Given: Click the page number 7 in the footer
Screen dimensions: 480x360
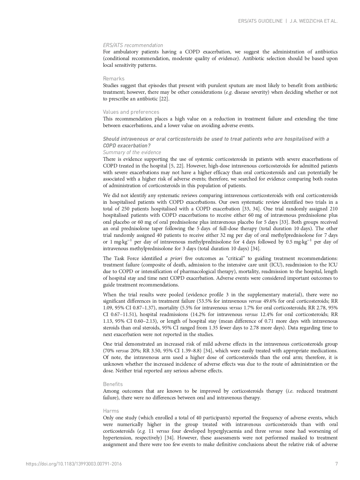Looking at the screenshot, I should (337, 464).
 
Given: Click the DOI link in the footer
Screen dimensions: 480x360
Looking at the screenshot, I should (74, 464).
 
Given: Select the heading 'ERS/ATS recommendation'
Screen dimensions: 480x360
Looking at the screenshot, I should (133, 45).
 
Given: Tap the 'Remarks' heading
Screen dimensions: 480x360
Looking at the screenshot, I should (114, 79).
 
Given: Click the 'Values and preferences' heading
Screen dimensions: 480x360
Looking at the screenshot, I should (131, 112).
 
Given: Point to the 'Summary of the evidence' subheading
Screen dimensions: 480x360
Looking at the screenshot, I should (132, 152).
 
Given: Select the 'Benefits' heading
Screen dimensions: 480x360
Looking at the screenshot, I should (113, 384).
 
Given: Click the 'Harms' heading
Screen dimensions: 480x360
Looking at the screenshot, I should (111, 411).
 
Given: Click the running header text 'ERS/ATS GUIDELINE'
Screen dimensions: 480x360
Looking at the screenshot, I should (260, 21).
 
